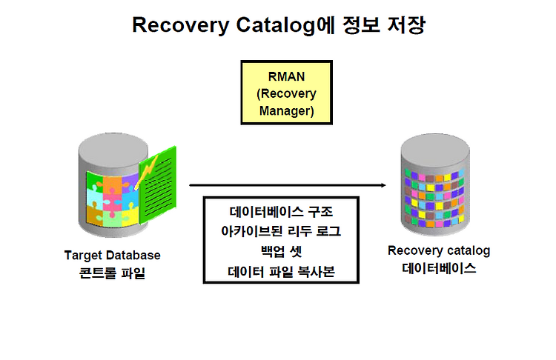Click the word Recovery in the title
(x=181, y=25)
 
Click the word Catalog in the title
(x=276, y=26)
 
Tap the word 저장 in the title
(x=406, y=24)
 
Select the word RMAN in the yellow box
(x=286, y=76)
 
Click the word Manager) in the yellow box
(x=286, y=111)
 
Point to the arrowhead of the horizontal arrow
(x=383, y=185)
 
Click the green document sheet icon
(x=158, y=185)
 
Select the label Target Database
(x=113, y=256)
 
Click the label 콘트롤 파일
(x=113, y=273)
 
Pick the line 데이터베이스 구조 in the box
(x=281, y=212)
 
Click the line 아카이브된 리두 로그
(x=281, y=231)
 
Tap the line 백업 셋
(x=281, y=251)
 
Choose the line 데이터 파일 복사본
(x=281, y=271)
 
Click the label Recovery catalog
(x=439, y=251)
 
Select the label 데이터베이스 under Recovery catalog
(x=439, y=268)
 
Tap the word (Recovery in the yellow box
(x=286, y=94)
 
